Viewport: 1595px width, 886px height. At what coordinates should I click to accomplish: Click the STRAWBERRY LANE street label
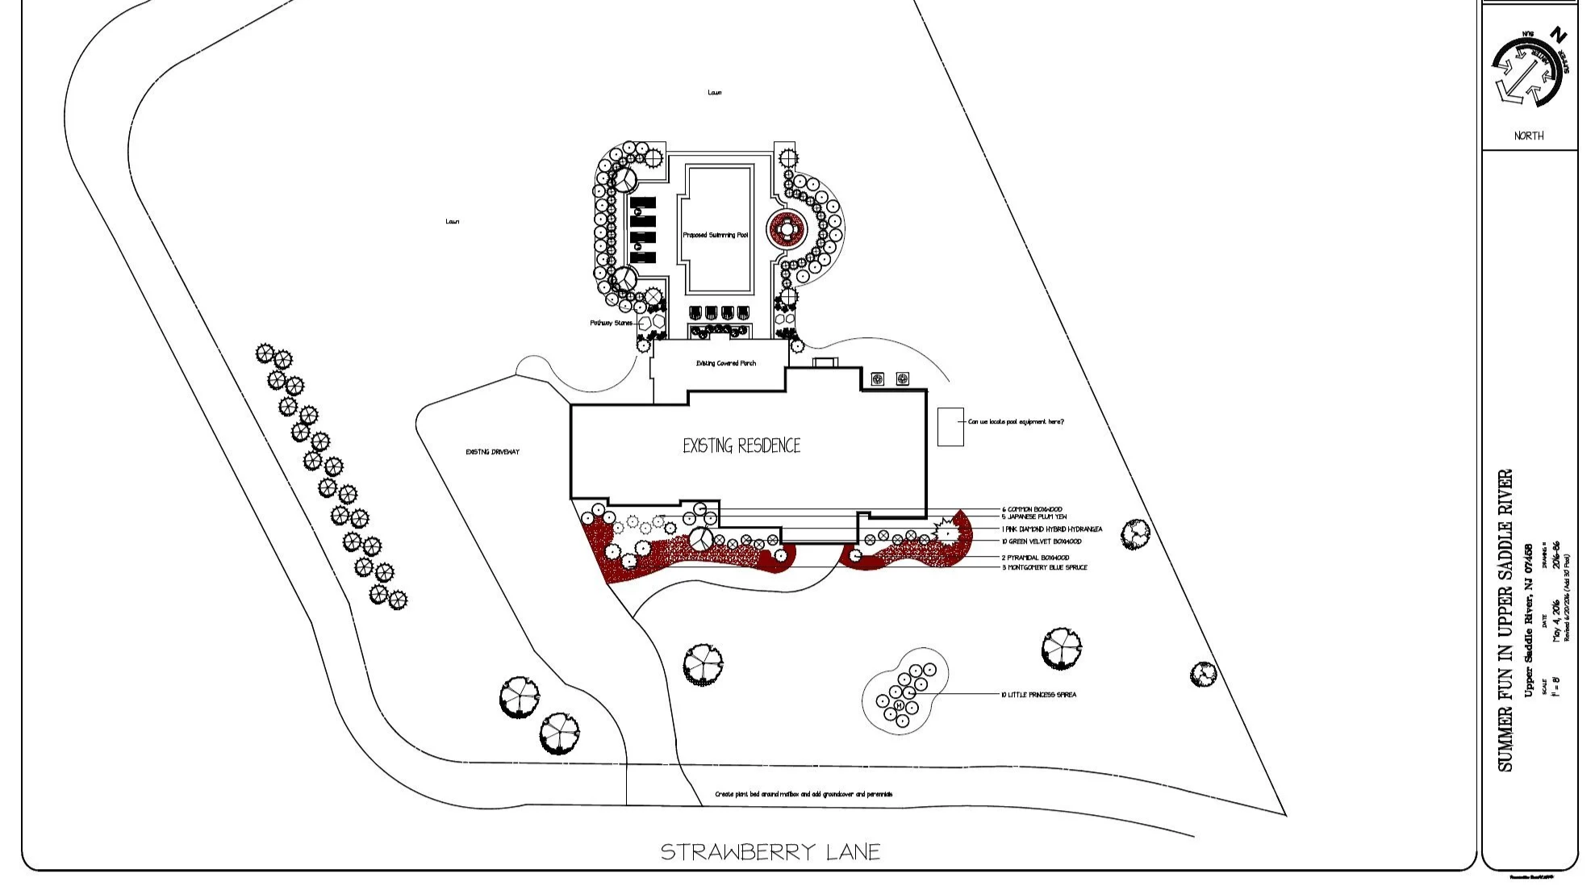coord(770,852)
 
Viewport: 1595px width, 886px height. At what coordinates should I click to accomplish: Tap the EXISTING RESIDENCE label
coord(741,445)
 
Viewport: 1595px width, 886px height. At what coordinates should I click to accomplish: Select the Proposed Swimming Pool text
coord(716,235)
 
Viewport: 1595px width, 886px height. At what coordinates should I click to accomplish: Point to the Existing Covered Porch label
coord(726,363)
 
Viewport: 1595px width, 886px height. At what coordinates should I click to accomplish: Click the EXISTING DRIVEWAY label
coord(492,452)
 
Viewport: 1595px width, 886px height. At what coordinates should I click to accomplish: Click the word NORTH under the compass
coord(1529,136)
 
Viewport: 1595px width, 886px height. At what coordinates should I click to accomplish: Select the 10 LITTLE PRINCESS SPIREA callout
coord(1038,695)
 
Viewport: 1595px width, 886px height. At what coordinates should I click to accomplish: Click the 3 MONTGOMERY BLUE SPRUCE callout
coord(1045,567)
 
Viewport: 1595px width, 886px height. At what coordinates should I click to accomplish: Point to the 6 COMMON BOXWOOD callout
coord(1032,509)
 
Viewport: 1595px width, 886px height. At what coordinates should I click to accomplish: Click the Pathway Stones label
coord(611,323)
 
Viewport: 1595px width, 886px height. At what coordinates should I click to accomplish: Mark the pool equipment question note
coord(1016,422)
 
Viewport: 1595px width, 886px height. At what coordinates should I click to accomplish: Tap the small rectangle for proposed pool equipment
coord(950,427)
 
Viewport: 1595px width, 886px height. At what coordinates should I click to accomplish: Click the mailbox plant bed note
coord(804,794)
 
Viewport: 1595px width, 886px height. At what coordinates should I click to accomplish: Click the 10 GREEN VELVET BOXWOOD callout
coord(1042,541)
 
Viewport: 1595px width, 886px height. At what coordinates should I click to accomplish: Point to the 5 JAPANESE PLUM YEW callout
coord(1034,516)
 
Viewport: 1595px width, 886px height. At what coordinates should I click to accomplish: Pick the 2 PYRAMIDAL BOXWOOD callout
coord(1035,558)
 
